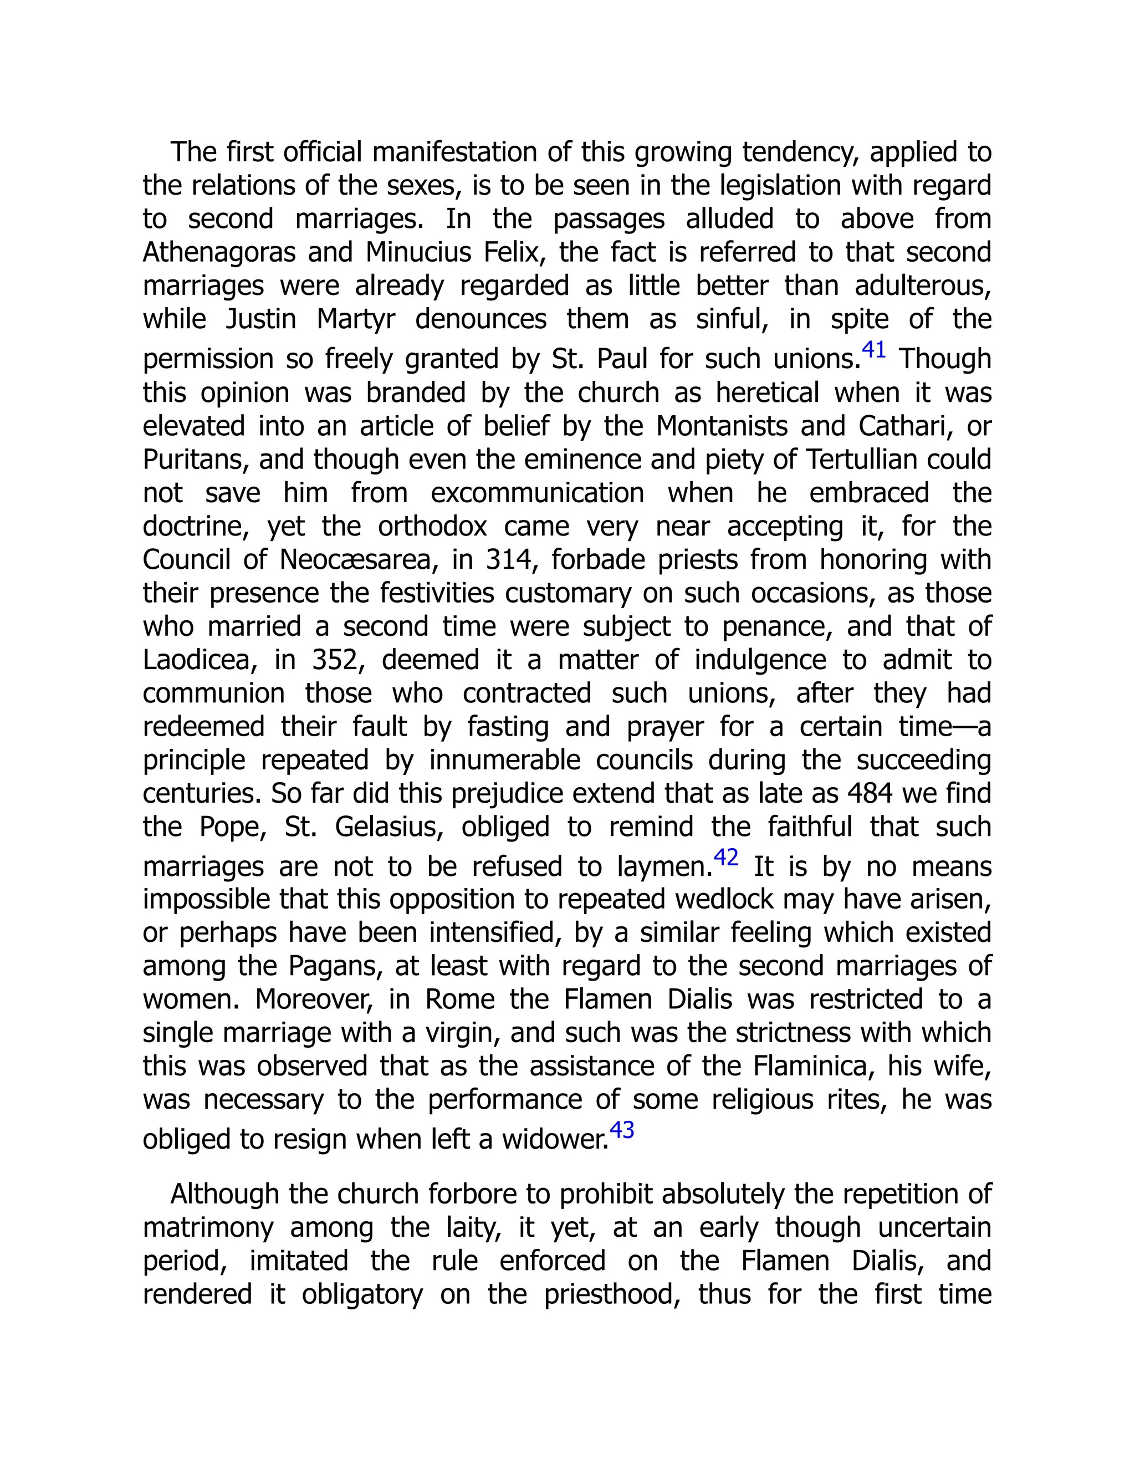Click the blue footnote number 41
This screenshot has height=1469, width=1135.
pos(873,350)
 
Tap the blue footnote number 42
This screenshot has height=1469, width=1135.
pos(725,858)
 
